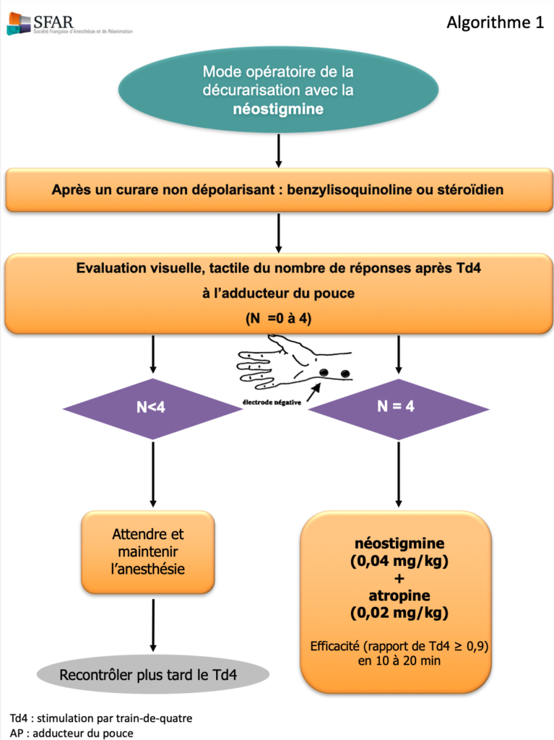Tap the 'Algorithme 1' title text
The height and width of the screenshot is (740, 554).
pyautogui.click(x=495, y=22)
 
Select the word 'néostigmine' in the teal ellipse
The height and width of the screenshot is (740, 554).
pyautogui.click(x=278, y=109)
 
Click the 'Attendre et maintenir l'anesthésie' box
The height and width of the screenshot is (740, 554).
pyautogui.click(x=148, y=551)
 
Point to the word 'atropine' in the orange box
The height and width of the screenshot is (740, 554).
pyautogui.click(x=397, y=596)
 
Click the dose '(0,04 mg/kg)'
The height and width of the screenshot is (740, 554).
pyautogui.click(x=397, y=562)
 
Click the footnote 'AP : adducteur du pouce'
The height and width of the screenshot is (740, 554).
pyautogui.click(x=72, y=732)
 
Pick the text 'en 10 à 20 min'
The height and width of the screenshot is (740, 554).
pyautogui.click(x=397, y=660)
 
